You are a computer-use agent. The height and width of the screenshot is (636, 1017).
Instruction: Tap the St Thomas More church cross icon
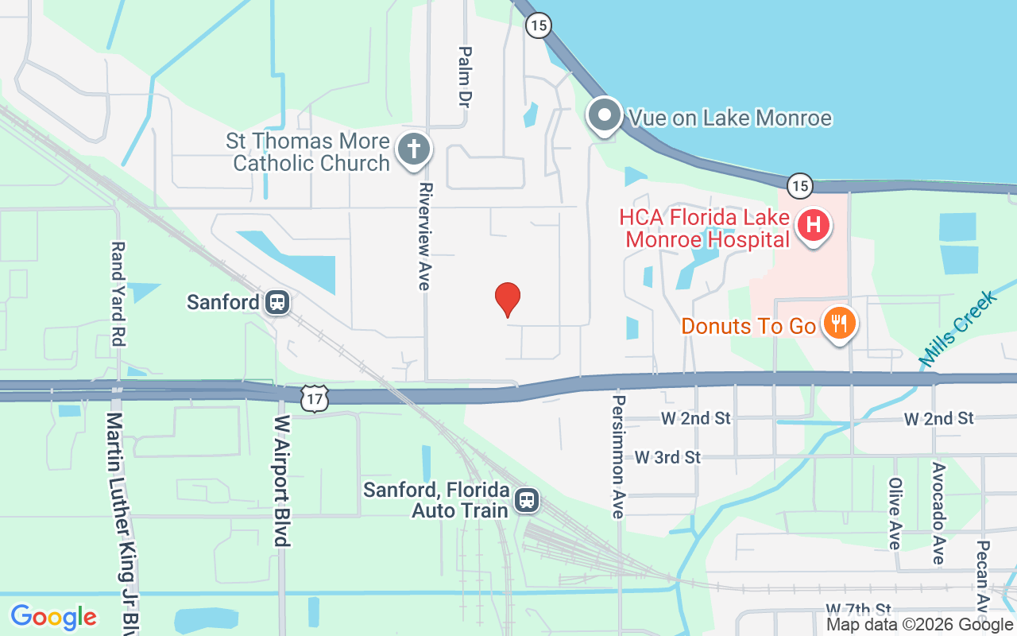pos(413,149)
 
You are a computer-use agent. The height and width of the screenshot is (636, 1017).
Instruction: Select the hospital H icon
pos(813,226)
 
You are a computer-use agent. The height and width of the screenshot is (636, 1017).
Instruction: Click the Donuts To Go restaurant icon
pos(837,324)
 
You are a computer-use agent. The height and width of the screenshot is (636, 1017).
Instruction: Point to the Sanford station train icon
pos(277,302)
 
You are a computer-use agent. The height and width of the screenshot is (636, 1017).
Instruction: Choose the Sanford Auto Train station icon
pos(526,500)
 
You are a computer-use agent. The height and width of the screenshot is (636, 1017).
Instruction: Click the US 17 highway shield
pos(315,399)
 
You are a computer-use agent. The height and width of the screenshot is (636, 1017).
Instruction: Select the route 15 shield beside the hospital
pos(800,186)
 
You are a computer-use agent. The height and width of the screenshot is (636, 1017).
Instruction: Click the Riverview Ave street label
pos(424,236)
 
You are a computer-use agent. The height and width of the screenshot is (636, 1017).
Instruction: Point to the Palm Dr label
pos(465,77)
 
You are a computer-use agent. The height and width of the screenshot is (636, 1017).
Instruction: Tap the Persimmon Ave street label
pos(618,456)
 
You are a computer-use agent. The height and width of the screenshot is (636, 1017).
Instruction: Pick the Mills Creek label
pos(957,328)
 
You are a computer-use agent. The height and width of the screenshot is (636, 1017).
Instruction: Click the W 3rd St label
pos(667,457)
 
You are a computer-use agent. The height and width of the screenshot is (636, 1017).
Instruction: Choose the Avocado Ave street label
pos(938,513)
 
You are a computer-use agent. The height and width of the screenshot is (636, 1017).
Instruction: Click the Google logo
pos(54,617)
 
